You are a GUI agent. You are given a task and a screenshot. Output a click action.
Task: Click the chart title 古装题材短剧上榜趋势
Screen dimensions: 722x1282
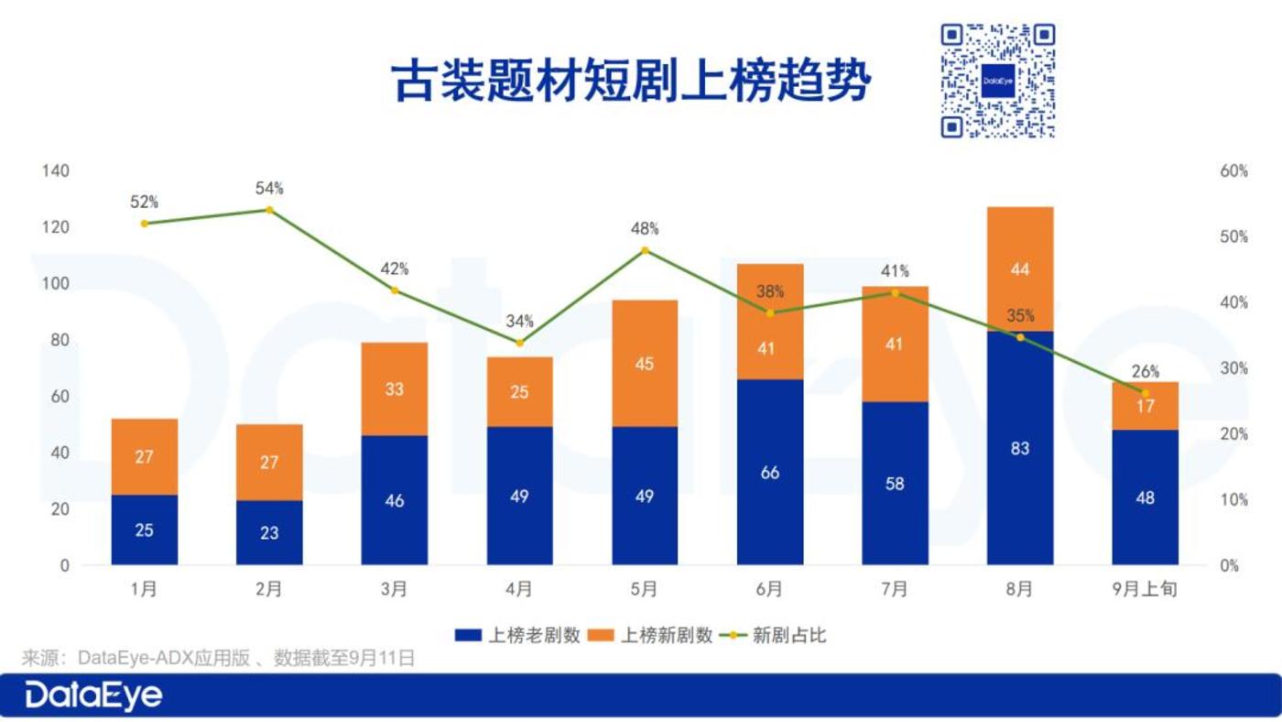point(631,82)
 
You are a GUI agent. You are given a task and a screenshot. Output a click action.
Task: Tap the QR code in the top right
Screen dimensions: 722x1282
point(998,81)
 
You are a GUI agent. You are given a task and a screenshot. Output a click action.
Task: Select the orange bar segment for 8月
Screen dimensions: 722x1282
point(1020,268)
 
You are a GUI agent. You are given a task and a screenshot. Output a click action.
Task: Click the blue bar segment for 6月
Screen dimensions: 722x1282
point(770,472)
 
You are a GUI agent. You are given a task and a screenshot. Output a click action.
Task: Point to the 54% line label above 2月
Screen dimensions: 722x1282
point(269,189)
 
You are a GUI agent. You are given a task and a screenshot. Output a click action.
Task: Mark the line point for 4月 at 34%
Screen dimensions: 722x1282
point(519,343)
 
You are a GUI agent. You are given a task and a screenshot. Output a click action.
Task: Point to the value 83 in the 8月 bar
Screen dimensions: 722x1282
point(1020,448)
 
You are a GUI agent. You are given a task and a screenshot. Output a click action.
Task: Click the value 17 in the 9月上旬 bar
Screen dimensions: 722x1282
point(1145,406)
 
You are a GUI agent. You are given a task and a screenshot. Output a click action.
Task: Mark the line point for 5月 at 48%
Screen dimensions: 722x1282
point(645,250)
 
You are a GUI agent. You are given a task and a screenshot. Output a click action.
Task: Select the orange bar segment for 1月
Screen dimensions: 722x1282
point(145,456)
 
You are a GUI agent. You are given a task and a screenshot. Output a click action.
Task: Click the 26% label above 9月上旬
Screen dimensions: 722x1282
point(1145,371)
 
